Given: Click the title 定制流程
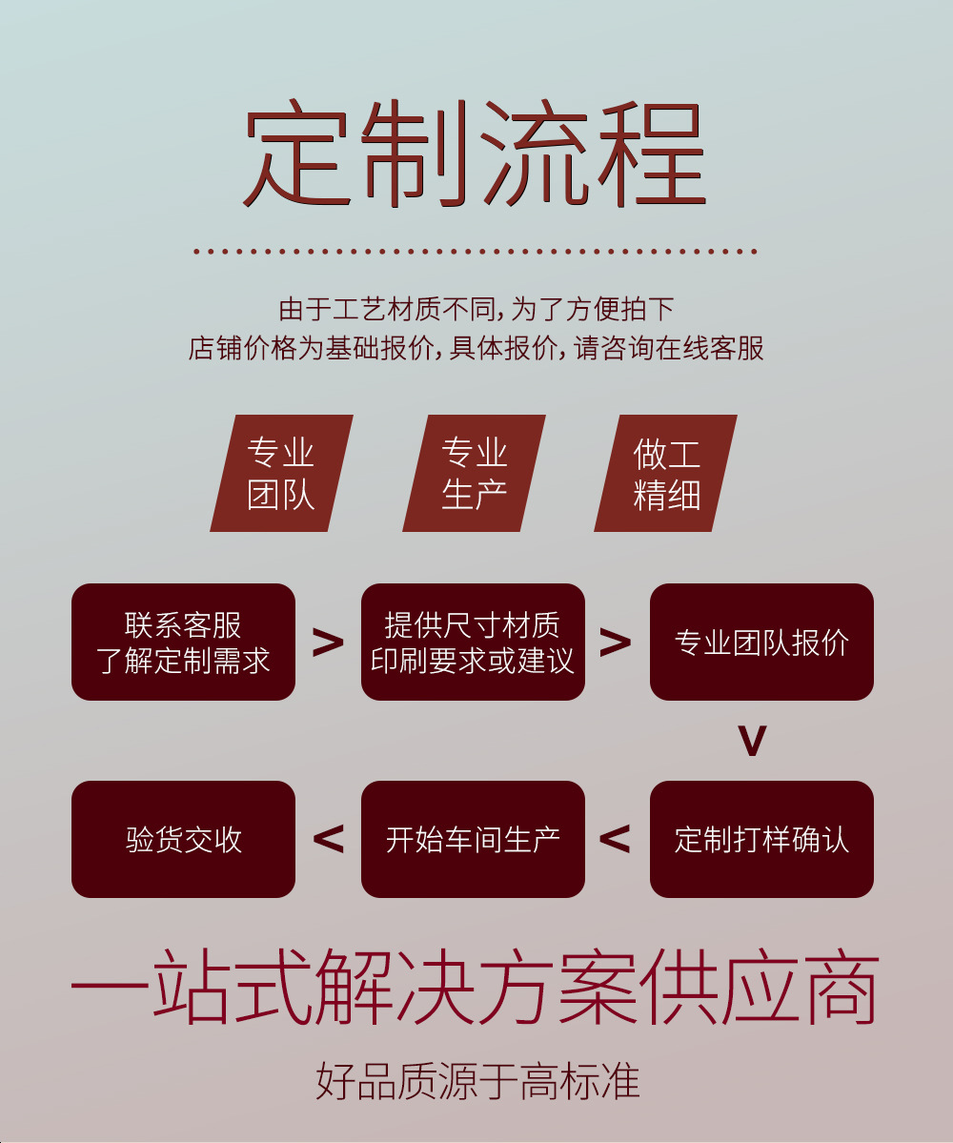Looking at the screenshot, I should tap(475, 155).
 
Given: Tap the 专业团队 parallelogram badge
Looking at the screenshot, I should tap(281, 473).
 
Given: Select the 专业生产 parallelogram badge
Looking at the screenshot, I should tap(474, 473).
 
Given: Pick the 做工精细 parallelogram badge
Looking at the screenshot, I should tap(666, 473).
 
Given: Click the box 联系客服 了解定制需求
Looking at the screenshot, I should tap(183, 642).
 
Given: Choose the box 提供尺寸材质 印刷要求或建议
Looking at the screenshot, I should tap(473, 642).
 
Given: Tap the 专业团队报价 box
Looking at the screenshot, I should tap(761, 642).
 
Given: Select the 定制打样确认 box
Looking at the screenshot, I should tap(761, 839).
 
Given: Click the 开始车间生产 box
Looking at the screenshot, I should tap(473, 839).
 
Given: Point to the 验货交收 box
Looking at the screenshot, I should tap(183, 839).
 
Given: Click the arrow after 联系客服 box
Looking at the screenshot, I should tap(328, 643).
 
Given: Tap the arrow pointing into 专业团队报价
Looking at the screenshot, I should tap(616, 643).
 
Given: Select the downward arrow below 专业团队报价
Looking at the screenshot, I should tap(753, 742).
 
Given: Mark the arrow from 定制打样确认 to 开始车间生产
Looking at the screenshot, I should tap(616, 839).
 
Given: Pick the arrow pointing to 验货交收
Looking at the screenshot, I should tap(328, 839).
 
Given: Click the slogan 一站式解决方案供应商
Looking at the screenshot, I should tap(475, 987).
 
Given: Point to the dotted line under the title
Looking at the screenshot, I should tap(475, 252).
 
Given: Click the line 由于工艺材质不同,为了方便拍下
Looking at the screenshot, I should tap(476, 309).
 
